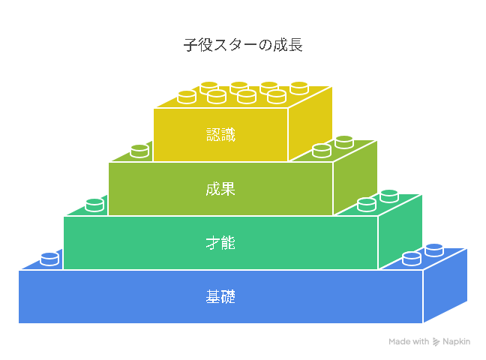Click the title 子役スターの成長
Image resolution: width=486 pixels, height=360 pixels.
243,45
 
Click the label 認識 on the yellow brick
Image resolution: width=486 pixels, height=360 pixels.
220,135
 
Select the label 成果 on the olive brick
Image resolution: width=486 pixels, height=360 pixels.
220,189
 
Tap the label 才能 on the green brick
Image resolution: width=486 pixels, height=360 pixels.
220,243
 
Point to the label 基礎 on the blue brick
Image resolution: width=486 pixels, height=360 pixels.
220,296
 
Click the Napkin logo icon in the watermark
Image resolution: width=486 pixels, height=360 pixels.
436,342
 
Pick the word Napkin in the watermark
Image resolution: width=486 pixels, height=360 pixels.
456,341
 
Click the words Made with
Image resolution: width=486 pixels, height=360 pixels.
409,341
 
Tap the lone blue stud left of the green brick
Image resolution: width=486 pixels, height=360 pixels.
49,259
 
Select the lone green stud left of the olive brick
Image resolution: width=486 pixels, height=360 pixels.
94,205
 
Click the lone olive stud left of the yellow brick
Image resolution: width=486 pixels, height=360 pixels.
139,151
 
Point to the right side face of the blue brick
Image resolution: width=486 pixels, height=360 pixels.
445,285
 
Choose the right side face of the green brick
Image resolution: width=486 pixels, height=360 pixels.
400,231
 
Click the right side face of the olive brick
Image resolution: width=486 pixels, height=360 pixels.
355,177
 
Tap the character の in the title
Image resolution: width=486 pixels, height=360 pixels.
265,45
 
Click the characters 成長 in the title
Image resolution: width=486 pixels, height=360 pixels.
288,45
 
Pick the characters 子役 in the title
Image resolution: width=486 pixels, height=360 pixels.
198,45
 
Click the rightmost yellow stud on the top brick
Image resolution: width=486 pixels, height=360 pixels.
299,88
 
